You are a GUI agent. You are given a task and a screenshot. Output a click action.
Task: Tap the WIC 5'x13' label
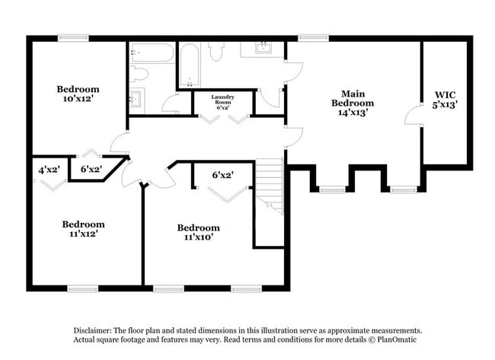click(445, 100)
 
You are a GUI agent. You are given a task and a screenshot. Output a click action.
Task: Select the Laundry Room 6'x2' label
click(223, 102)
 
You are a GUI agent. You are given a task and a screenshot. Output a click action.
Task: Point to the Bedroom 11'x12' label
click(83, 229)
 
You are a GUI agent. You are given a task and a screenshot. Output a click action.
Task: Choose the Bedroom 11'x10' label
click(198, 232)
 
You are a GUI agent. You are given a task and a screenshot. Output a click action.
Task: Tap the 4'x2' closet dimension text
click(49, 169)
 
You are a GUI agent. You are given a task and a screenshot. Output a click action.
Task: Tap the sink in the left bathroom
click(136, 98)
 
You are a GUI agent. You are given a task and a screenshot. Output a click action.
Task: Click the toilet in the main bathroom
click(216, 51)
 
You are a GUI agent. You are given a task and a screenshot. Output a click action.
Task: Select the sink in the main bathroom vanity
click(263, 48)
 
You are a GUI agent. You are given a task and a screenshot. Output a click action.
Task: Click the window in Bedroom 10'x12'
click(73, 37)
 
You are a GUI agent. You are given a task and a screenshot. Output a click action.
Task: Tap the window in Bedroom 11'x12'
click(83, 288)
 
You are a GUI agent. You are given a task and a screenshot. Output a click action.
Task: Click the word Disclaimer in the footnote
click(92, 331)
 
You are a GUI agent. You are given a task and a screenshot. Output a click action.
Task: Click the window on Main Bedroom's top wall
click(308, 37)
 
